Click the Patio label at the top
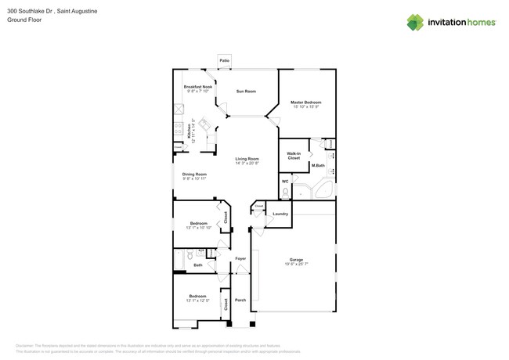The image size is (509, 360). click(225, 60)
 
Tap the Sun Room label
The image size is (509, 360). click(246, 92)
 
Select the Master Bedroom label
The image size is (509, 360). click(305, 103)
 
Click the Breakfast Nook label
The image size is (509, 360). click(197, 87)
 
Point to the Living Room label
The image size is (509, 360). click(247, 159)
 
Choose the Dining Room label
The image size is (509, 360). click(194, 174)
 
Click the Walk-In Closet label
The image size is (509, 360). click(294, 156)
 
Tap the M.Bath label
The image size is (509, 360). click(318, 165)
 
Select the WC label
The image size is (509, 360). click(285, 182)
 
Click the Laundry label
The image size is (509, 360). click(280, 214)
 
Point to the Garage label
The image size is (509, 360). click(296, 259)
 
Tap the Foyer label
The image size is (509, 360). click(240, 258)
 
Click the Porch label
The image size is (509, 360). click(240, 300)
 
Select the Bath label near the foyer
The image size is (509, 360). click(198, 265)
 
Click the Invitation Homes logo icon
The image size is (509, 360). click(415, 23)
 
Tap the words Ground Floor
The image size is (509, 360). click(24, 20)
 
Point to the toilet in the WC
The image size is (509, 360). click(286, 191)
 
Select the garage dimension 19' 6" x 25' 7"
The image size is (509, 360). click(296, 265)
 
